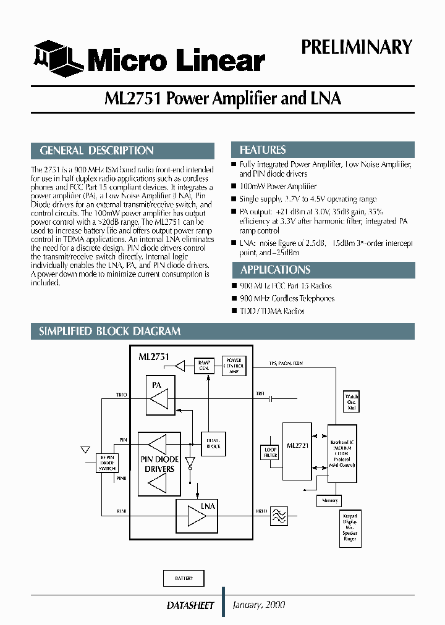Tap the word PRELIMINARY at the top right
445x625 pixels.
[356, 47]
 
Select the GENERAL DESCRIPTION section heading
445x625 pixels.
[97, 151]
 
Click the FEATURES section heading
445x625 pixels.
[263, 150]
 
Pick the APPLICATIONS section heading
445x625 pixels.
[275, 270]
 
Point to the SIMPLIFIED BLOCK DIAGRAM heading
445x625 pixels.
[109, 331]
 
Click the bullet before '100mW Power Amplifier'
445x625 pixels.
[234, 186]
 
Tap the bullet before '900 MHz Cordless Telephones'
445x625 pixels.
[234, 298]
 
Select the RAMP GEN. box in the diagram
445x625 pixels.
[203, 365]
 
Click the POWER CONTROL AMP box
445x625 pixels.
[234, 365]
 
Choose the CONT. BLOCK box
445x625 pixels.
[213, 443]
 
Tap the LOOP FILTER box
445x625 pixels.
[271, 452]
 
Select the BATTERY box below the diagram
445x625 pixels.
[184, 578]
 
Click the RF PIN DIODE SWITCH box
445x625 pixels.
[108, 463]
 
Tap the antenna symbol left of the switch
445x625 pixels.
[85, 450]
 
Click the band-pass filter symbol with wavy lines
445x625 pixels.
[279, 515]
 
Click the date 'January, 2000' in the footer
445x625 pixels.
[259, 605]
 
